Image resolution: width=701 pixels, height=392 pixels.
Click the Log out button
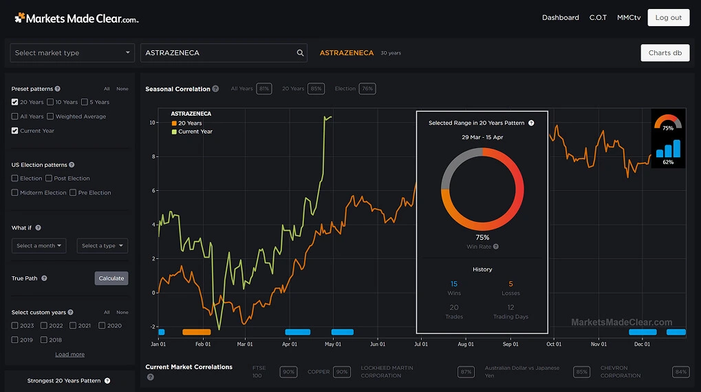[668, 17]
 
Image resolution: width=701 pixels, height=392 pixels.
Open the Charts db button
[665, 53]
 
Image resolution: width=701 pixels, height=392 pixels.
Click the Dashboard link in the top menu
[560, 17]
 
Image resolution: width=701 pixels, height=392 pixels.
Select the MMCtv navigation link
[628, 17]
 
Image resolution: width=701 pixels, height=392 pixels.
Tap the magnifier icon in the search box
[301, 53]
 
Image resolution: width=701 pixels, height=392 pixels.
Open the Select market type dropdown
[72, 53]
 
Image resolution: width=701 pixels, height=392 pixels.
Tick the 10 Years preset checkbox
[51, 102]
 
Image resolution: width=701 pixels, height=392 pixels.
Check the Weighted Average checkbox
[51, 116]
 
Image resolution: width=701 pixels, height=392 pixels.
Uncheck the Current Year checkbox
[15, 131]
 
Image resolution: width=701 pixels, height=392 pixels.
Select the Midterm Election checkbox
[15, 193]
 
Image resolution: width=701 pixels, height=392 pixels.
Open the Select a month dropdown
[39, 246]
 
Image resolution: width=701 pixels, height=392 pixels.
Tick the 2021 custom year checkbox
[73, 326]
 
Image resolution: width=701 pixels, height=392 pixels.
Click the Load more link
[69, 354]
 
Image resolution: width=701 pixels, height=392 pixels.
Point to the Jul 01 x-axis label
[420, 344]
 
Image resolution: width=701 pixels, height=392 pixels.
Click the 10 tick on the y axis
[152, 123]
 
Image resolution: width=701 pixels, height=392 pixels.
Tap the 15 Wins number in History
[454, 284]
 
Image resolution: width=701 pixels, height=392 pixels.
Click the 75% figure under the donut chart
[482, 237]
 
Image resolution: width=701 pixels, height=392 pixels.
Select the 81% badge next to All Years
[263, 89]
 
